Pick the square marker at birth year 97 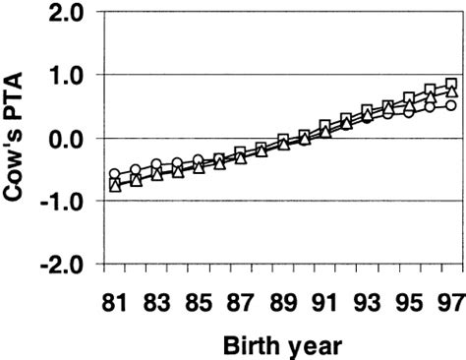coord(450,85)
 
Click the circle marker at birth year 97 coord(450,105)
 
